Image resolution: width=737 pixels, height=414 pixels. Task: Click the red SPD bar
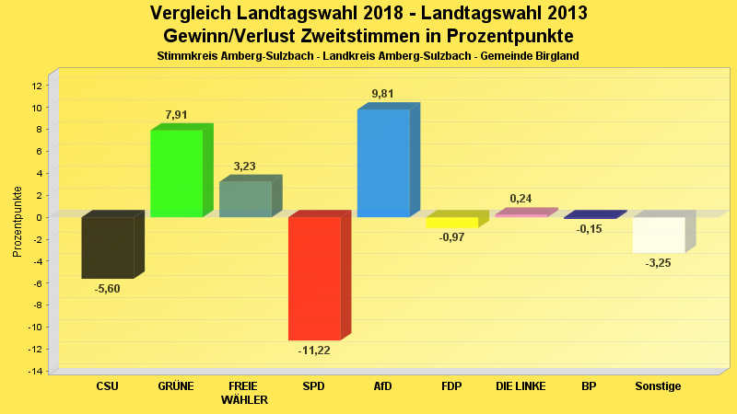(x=314, y=278)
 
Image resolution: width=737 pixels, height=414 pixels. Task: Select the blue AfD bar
(x=383, y=163)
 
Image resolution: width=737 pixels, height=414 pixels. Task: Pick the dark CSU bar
(x=108, y=247)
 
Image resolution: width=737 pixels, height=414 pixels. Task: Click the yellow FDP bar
(x=451, y=223)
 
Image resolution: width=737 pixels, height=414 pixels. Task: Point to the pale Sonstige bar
(x=659, y=235)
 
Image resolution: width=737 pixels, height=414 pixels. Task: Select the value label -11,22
(x=314, y=351)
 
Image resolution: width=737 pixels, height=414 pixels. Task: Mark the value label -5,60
(x=108, y=289)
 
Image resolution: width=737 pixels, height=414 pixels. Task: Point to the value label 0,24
(x=521, y=199)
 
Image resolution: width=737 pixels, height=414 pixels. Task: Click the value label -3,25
(x=659, y=264)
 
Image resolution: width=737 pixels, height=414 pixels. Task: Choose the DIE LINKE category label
(x=521, y=386)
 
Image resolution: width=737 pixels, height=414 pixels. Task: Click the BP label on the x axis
(x=590, y=386)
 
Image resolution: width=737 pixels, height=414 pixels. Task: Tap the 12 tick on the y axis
(x=36, y=86)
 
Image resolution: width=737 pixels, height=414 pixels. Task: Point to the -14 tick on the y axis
(x=34, y=371)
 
